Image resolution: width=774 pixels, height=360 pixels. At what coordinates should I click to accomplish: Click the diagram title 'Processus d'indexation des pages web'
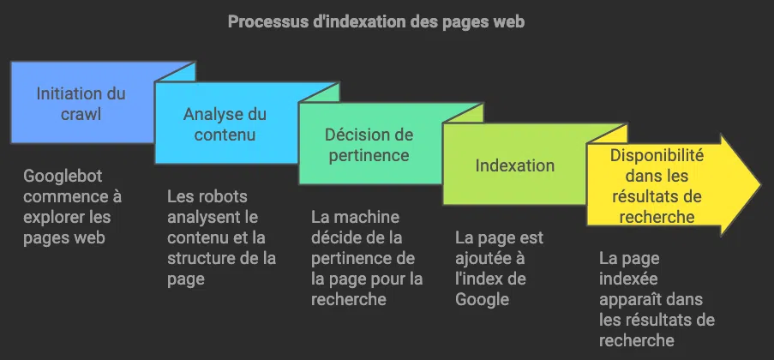[375, 21]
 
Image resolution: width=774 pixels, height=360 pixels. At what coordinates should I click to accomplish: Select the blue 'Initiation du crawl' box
[81, 104]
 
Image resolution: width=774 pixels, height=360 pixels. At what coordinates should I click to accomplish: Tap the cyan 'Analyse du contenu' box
[225, 124]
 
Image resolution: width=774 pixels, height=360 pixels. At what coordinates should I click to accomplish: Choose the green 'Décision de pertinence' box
[369, 145]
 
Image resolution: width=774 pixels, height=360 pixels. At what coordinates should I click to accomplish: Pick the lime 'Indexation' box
[514, 165]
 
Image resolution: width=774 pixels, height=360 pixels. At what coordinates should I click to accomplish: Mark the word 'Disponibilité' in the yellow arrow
[657, 156]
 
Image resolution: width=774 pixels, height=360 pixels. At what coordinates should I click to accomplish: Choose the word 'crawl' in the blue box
[81, 114]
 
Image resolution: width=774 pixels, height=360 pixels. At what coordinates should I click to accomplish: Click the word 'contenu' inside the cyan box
[225, 135]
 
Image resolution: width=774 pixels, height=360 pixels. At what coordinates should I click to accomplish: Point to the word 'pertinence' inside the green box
[369, 155]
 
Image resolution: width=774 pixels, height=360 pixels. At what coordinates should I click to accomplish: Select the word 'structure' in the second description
[198, 258]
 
